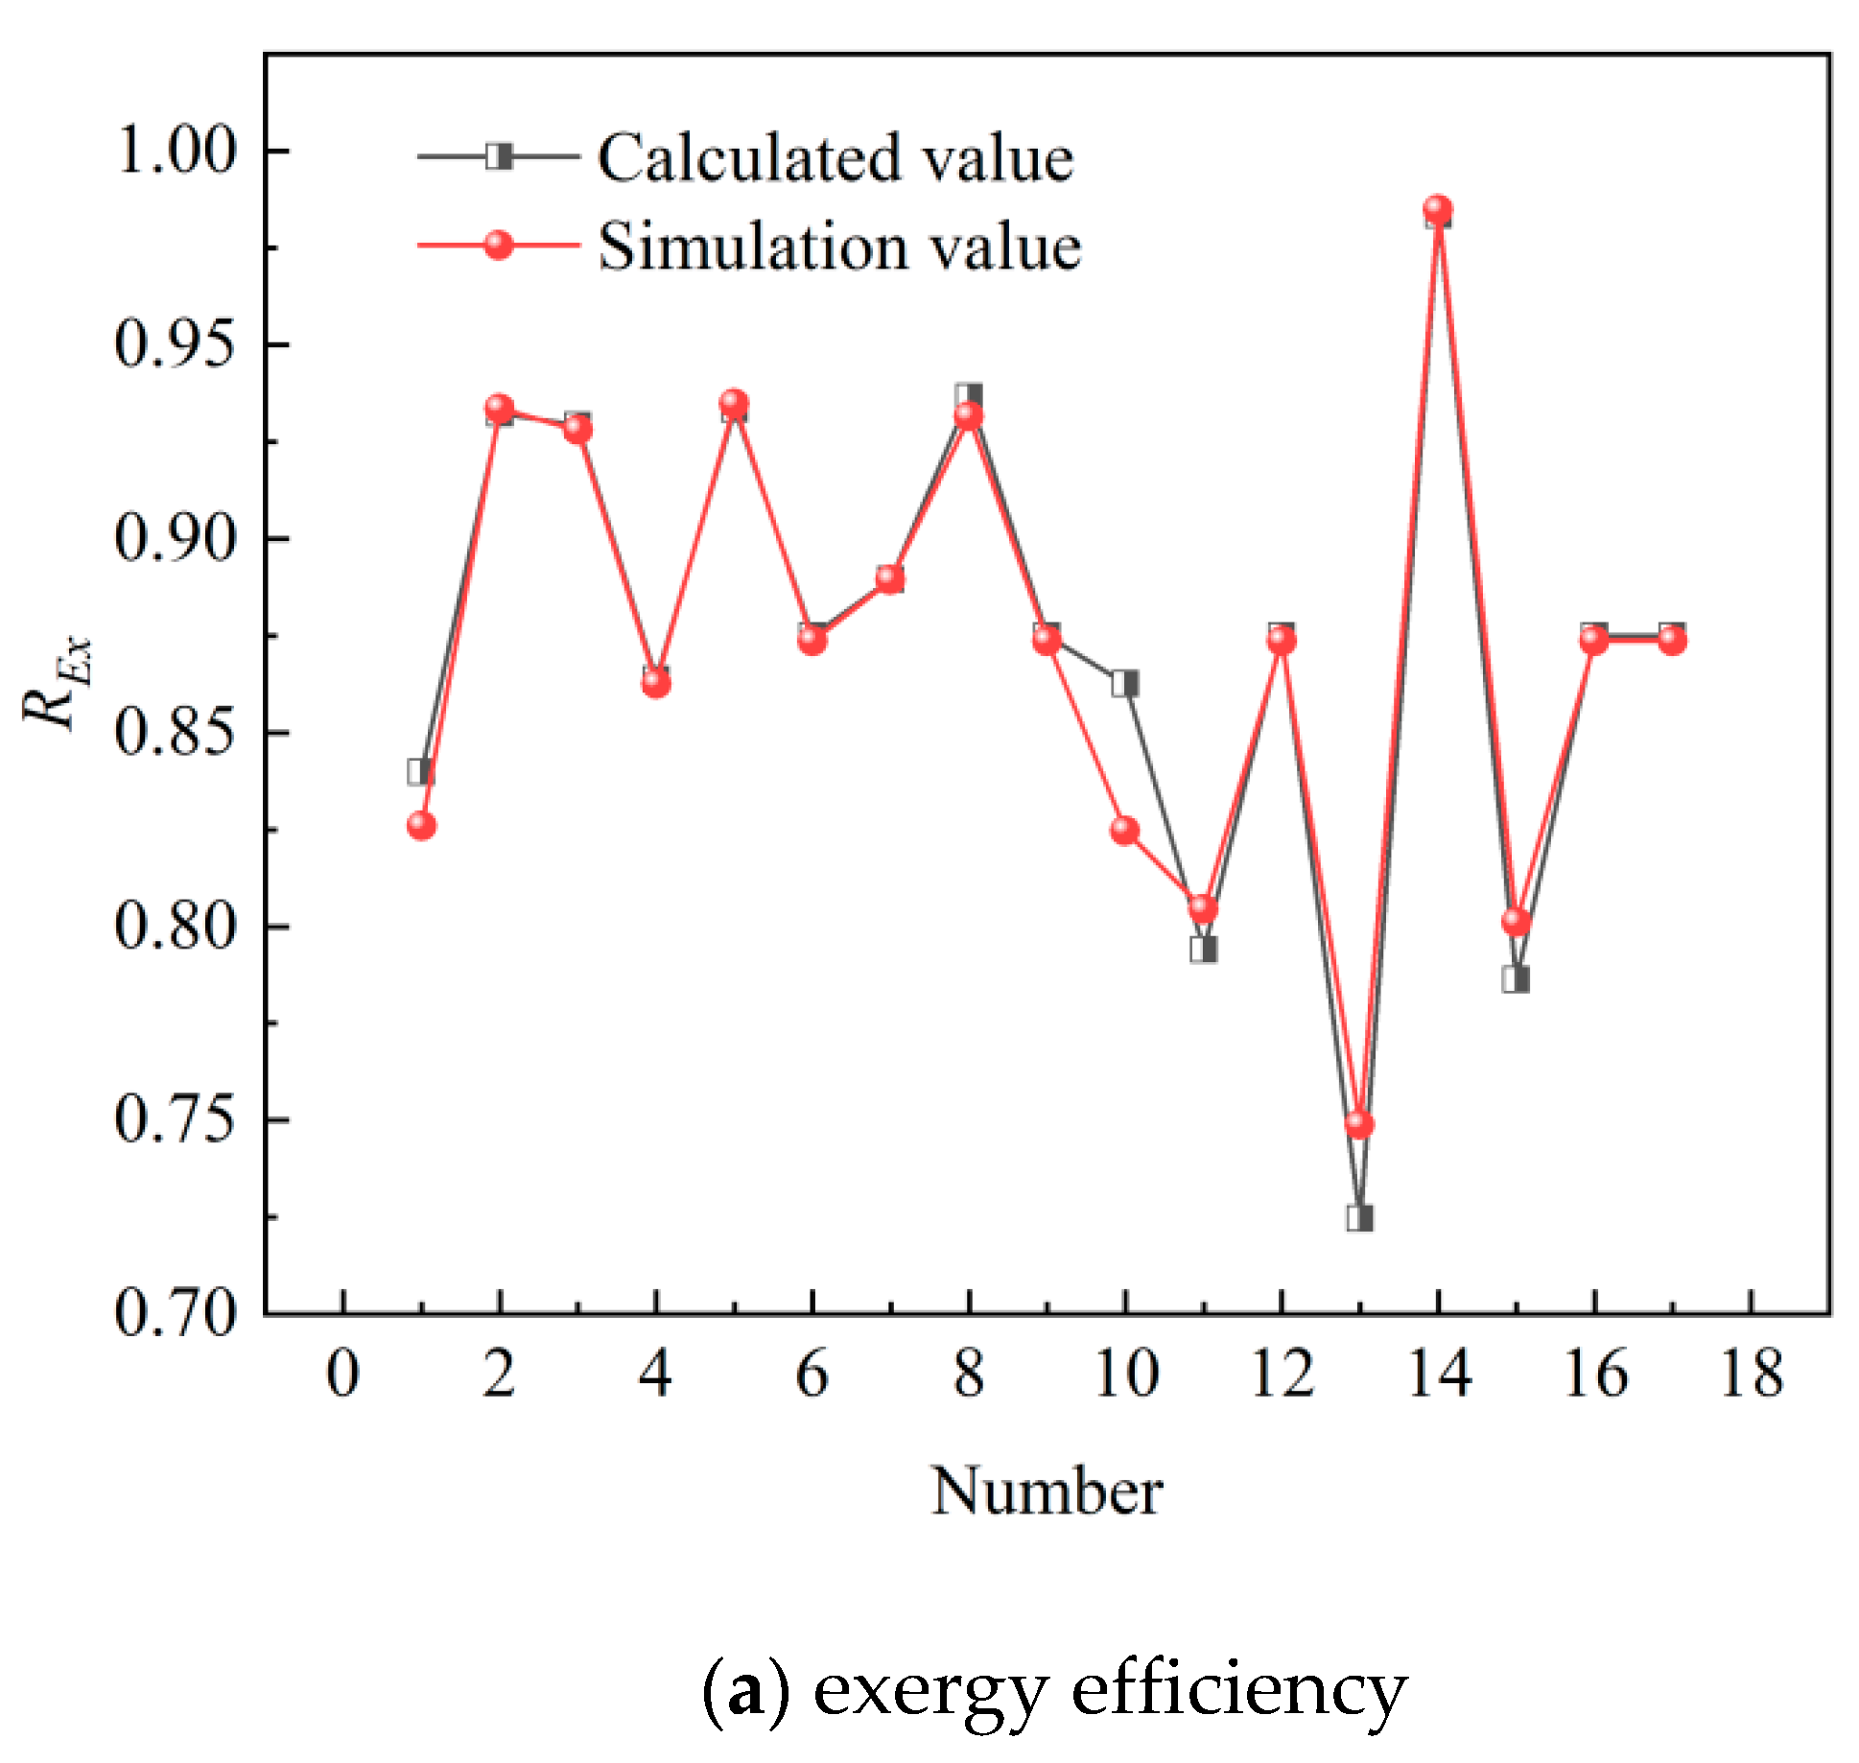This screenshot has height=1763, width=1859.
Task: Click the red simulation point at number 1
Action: coord(421,826)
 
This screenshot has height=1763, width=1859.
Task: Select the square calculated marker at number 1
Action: coord(420,771)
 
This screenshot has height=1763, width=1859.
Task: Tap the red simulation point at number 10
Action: coord(1125,830)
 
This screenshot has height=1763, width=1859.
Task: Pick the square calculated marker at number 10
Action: coord(1125,683)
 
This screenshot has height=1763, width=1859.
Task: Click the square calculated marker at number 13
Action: coord(1359,1218)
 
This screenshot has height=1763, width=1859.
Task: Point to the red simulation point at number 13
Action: coord(1359,1123)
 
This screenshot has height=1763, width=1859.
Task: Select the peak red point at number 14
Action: coord(1438,208)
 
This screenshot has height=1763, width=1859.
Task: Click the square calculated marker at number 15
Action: coord(1516,979)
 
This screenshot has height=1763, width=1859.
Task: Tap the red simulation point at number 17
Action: coord(1672,640)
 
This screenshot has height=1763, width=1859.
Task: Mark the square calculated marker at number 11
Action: coord(1204,950)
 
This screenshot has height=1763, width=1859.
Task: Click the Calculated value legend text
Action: coord(835,157)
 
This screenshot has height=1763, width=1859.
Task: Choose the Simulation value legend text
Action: coord(839,247)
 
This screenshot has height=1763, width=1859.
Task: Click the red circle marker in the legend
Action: coord(499,245)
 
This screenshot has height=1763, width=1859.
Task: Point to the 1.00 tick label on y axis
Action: coord(176,152)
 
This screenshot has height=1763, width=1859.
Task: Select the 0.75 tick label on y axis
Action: coord(176,1118)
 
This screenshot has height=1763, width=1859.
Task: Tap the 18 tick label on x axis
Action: coord(1752,1374)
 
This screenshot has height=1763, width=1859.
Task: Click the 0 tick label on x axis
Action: coord(342,1374)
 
